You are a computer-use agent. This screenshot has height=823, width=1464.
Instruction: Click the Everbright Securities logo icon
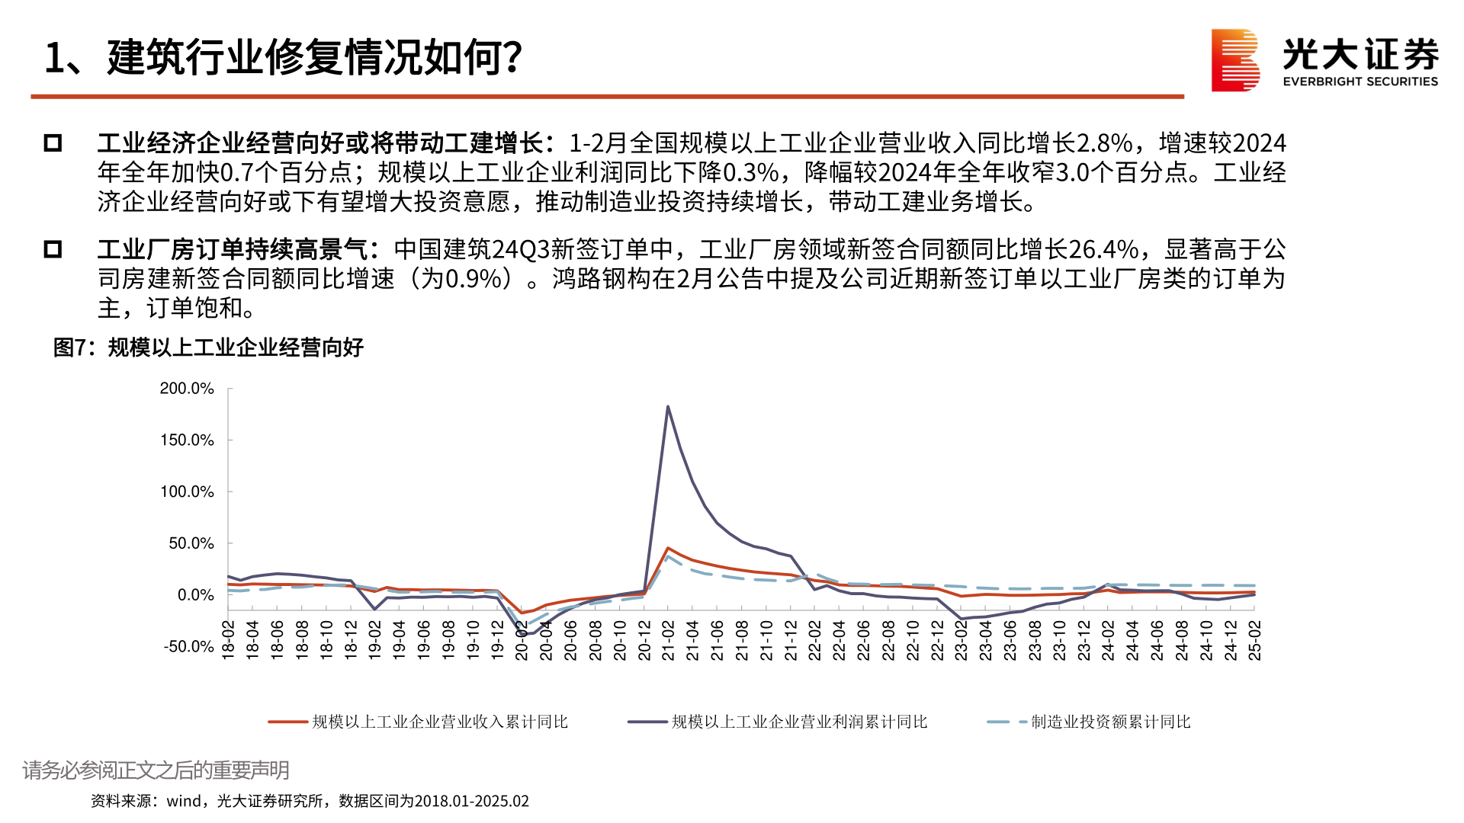click(1234, 60)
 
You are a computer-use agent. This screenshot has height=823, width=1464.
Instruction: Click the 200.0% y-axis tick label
click(187, 389)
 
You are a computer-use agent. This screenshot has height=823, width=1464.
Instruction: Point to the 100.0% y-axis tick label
click(187, 492)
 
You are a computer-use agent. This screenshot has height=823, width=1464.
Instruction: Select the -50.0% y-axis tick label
click(188, 647)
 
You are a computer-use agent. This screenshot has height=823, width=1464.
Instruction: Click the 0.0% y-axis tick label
click(195, 595)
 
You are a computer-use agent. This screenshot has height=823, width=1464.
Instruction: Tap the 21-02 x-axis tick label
click(668, 640)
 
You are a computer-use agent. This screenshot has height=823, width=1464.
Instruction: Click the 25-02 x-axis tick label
click(1254, 640)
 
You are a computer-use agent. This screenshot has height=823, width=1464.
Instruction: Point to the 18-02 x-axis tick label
click(228, 640)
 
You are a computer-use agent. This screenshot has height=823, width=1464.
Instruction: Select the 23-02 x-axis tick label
click(962, 640)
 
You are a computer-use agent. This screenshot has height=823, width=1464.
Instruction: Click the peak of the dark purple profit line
click(668, 407)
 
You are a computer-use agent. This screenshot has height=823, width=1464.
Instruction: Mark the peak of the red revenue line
click(668, 548)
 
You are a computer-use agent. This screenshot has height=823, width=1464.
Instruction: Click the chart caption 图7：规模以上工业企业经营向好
click(208, 347)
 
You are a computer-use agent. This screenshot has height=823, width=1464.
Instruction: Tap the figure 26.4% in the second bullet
click(1103, 249)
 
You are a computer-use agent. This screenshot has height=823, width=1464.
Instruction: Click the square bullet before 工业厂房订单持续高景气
click(53, 249)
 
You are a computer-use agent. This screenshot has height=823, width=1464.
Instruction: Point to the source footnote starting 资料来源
click(310, 801)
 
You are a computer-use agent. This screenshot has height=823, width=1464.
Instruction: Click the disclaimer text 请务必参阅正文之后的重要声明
click(156, 770)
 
